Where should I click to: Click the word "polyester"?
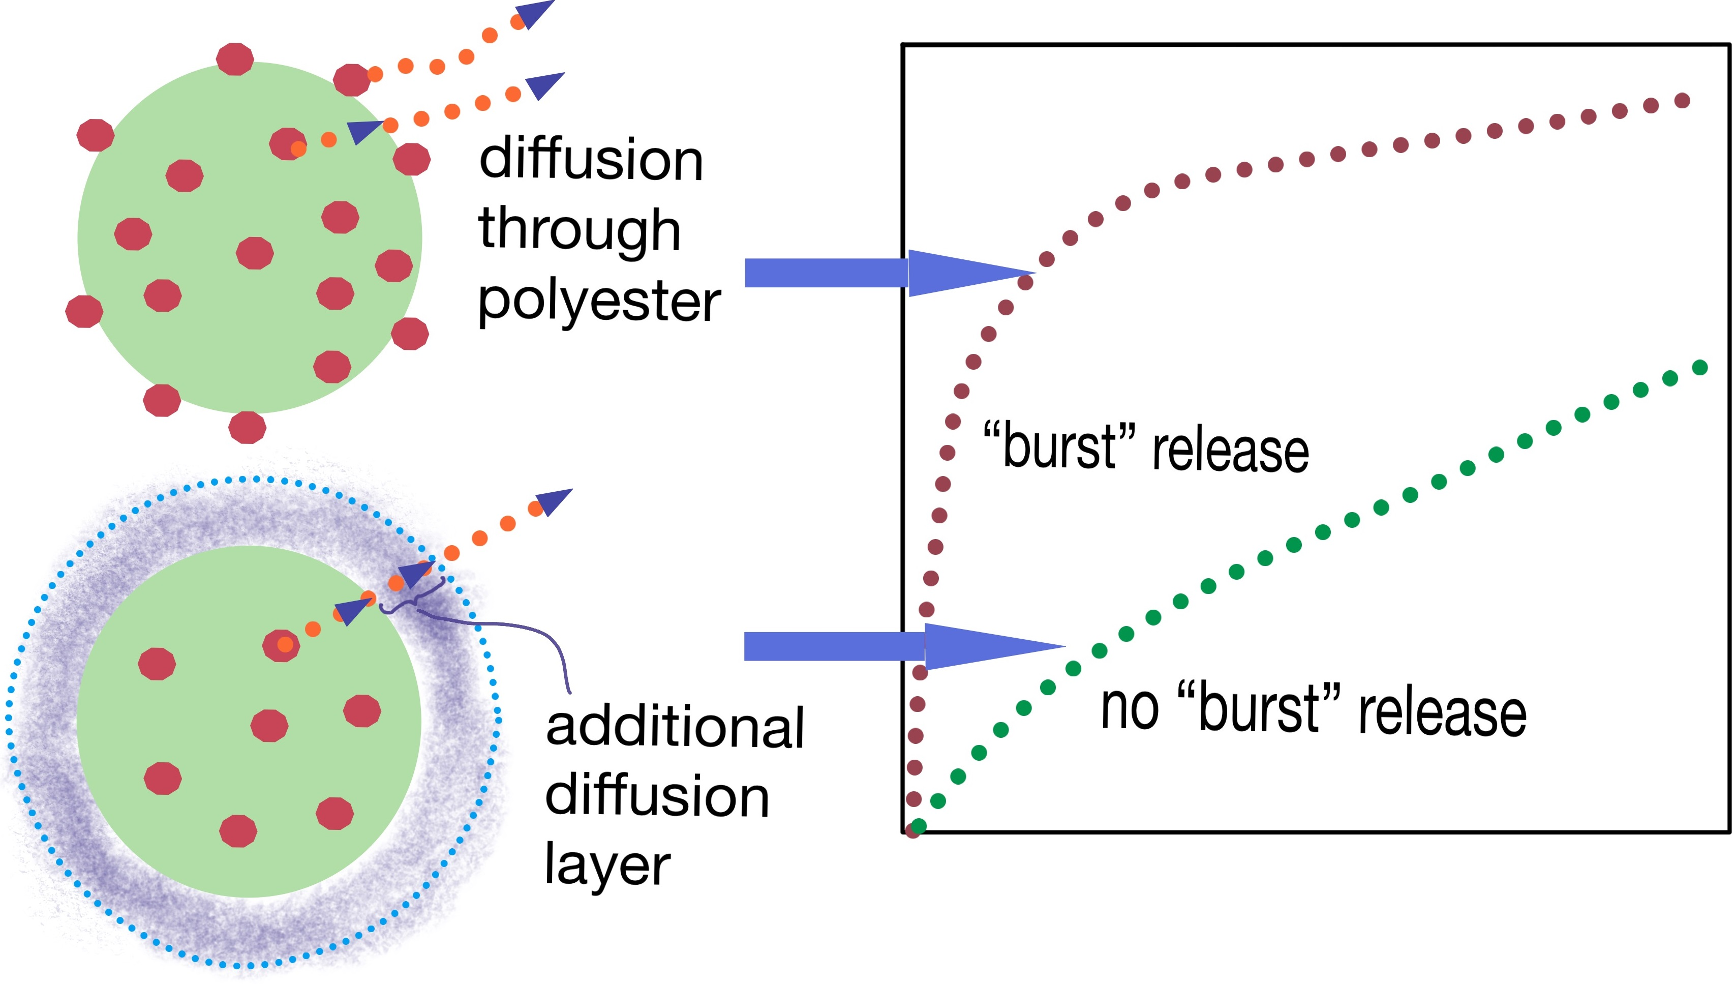(x=599, y=302)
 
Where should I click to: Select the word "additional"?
(x=674, y=727)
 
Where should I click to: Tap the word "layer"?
(x=606, y=865)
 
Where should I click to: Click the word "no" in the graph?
(x=1130, y=709)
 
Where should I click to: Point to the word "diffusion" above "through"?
(x=591, y=160)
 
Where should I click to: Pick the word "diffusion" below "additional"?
(x=657, y=796)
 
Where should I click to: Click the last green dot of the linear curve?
(x=1699, y=368)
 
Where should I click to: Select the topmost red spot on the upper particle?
(x=234, y=59)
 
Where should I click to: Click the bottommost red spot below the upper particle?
(x=247, y=427)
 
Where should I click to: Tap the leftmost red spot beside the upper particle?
(x=84, y=312)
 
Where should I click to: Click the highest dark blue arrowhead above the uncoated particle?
(x=535, y=12)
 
